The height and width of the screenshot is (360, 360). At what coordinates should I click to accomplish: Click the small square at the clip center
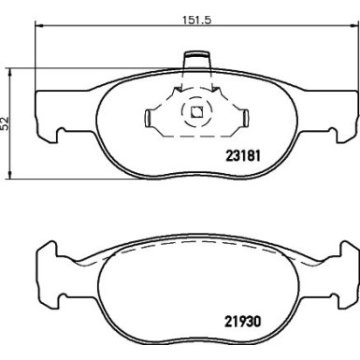[x=196, y=115]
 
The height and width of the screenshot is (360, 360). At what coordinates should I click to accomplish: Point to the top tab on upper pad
[x=196, y=64]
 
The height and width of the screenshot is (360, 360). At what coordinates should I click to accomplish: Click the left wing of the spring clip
[x=152, y=119]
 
